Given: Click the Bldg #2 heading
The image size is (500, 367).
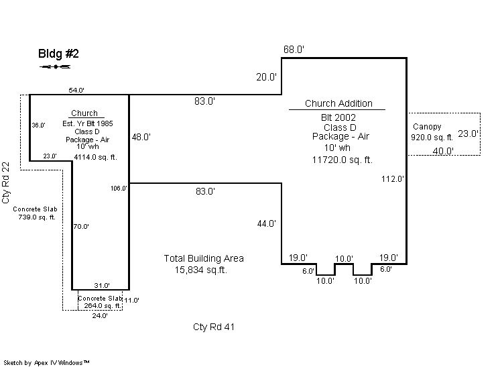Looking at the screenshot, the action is (58, 54).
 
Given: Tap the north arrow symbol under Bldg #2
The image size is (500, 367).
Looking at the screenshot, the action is (55, 66).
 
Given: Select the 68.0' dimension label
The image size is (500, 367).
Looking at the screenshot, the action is (294, 50).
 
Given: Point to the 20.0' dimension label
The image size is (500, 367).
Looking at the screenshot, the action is (266, 77).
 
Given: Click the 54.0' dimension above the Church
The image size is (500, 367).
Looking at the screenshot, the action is (76, 91).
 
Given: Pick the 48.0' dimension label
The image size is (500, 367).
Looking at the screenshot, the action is (141, 137).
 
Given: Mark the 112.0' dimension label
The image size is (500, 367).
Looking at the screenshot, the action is (393, 178).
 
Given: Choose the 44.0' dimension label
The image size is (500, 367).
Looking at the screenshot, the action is (267, 223).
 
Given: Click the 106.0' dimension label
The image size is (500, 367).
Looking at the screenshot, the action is (119, 189).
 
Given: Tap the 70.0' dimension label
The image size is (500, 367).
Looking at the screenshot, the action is (81, 227).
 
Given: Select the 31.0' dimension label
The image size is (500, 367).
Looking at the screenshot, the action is (102, 285).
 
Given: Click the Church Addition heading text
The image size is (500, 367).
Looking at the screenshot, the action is (338, 103).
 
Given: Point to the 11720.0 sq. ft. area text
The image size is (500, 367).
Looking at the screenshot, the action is (342, 160).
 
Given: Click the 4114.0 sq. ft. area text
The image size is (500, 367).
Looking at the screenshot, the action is (95, 157).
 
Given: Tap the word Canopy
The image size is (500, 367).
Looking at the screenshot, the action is (427, 127).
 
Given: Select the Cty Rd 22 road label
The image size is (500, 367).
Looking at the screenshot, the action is (6, 183).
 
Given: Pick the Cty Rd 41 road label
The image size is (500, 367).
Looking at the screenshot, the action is (214, 327).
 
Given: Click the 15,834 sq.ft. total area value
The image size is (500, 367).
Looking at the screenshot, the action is (201, 270).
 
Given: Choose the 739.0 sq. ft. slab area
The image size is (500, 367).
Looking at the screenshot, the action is (37, 217).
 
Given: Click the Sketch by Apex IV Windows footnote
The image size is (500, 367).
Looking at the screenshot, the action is (46, 362).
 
